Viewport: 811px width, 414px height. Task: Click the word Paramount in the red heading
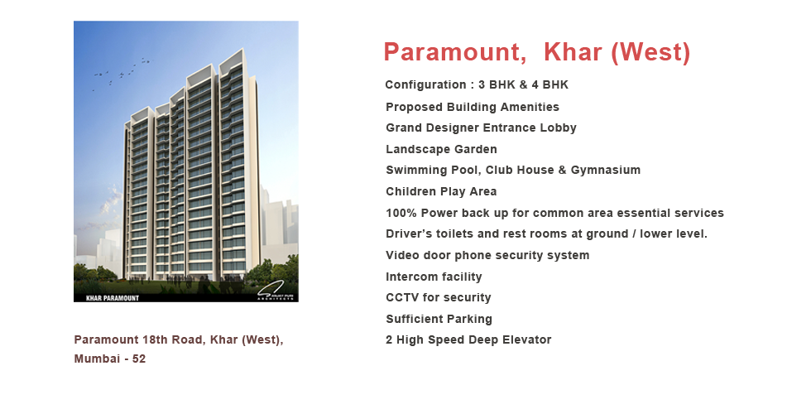pos(454,52)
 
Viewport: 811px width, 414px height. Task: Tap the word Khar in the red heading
pos(573,51)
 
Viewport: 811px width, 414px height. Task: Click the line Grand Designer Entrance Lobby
pos(481,128)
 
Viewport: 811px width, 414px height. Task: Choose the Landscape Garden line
pos(441,150)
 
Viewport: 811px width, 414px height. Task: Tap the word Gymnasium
pos(606,171)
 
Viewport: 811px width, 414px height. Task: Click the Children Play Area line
pos(441,191)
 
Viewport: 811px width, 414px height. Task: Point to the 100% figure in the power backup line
pos(401,214)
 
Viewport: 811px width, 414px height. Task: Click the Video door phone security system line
pos(487,256)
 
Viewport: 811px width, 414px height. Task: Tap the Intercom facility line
pos(434,277)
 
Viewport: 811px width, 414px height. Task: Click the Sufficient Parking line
pos(439,320)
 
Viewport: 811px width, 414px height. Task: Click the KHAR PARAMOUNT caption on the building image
pos(113,298)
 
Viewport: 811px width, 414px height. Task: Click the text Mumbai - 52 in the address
pos(109,359)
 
